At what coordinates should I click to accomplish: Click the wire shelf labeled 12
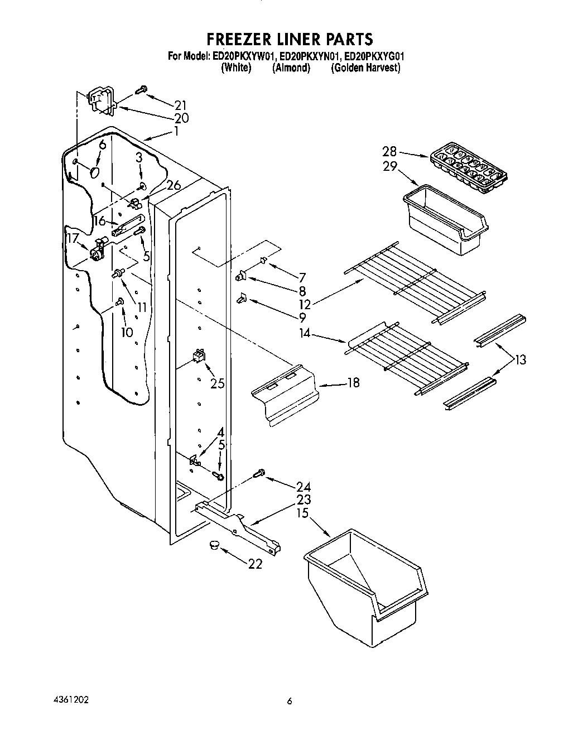416,281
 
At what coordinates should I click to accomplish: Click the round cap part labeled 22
213,546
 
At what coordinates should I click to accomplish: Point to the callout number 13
520,360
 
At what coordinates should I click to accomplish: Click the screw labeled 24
258,474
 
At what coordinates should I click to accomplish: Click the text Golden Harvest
365,68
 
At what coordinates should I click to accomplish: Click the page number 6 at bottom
290,702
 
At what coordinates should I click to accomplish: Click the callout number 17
72,238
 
